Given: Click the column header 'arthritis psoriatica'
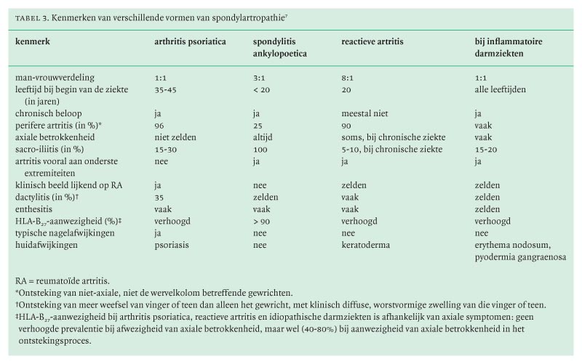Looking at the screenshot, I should (x=190, y=41).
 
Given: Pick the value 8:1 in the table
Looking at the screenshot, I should (x=349, y=77).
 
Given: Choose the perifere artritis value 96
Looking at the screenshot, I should (x=160, y=126).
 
